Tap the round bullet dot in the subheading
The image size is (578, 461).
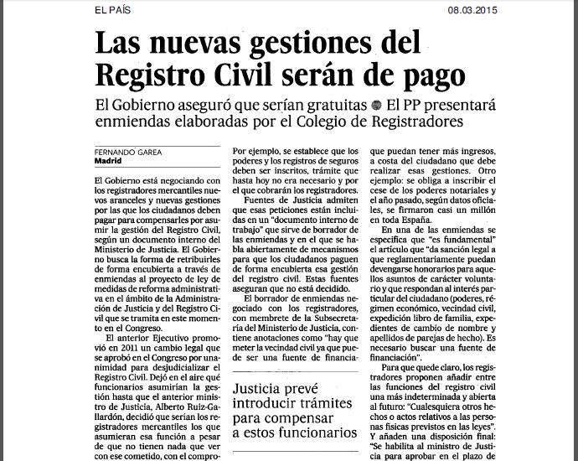[376, 106]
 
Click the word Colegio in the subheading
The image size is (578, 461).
[333, 122]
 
